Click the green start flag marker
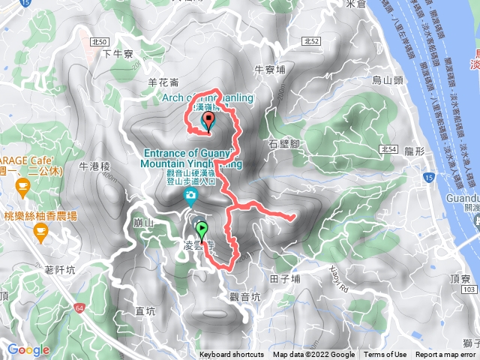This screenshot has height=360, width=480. [x=201, y=229]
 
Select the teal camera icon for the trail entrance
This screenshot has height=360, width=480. [x=191, y=197]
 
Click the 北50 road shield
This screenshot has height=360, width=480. [x=103, y=40]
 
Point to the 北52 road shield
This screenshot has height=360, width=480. [x=313, y=40]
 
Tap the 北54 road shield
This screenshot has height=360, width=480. [x=388, y=150]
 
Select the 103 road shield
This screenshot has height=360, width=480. [x=469, y=289]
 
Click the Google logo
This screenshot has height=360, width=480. [x=28, y=349]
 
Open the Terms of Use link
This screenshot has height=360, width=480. [x=385, y=355]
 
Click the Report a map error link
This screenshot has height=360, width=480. [x=445, y=355]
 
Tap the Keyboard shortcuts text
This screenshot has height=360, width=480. [x=232, y=355]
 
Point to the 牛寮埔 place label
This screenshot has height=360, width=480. [x=270, y=70]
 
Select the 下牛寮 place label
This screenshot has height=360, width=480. [x=118, y=54]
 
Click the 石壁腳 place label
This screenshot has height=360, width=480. [x=283, y=142]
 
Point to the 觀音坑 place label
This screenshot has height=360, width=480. [x=246, y=297]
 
